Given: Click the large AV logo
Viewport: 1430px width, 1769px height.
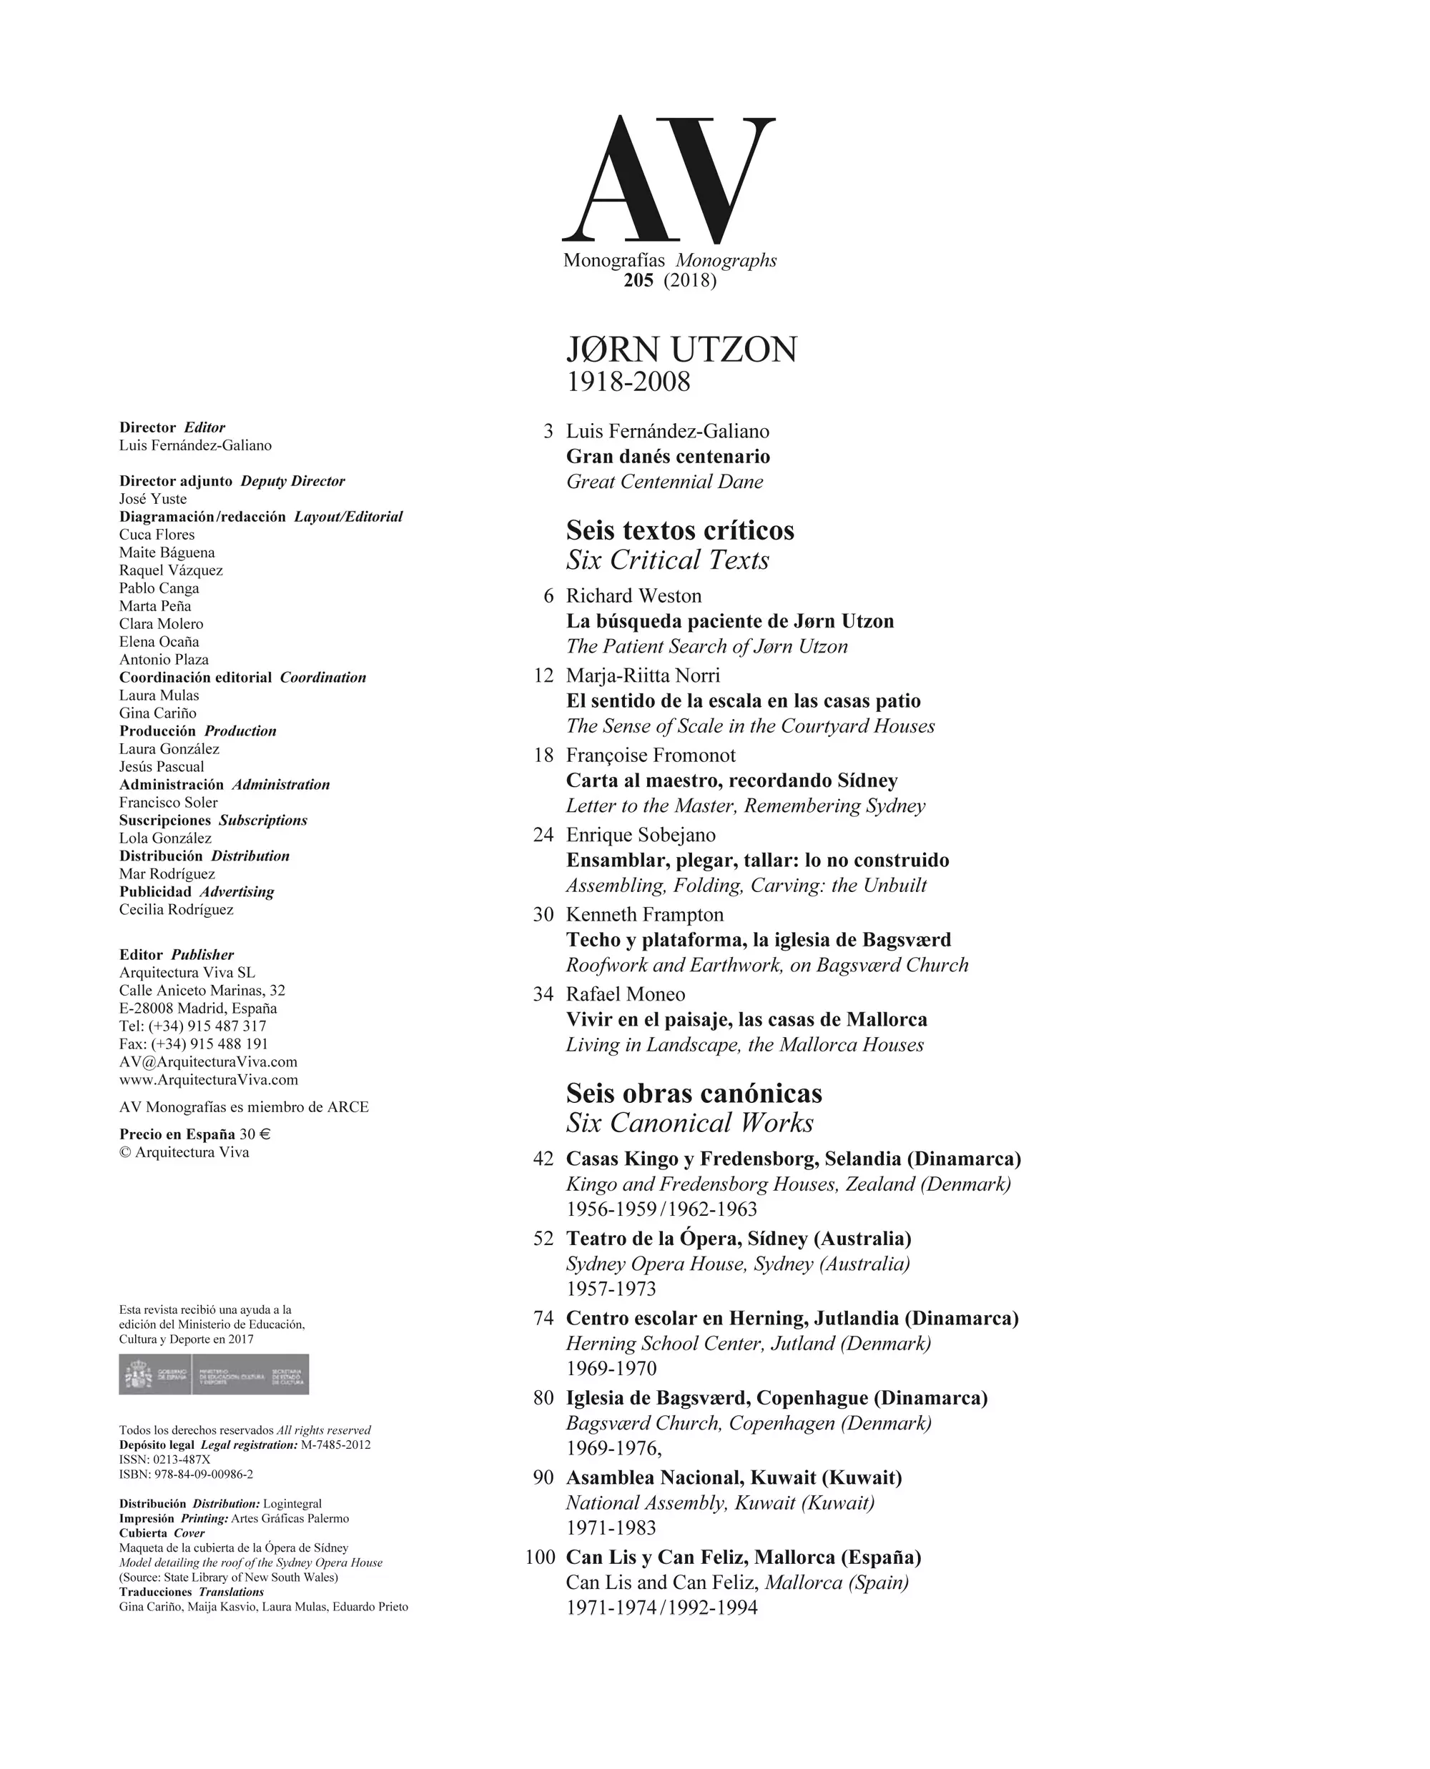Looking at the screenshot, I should pos(668,179).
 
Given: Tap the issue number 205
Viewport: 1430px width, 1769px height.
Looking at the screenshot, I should pos(638,280).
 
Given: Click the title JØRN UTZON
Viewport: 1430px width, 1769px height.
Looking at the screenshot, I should pos(681,350).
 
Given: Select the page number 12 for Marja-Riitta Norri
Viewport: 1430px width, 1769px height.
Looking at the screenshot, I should pos(543,675).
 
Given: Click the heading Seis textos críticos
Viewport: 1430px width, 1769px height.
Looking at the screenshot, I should pos(679,530).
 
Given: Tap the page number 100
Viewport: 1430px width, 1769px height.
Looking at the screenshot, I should pos(541,1557).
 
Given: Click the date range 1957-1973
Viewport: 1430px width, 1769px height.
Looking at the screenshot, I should pos(611,1289).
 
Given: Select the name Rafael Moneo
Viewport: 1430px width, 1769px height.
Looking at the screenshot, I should pos(625,994).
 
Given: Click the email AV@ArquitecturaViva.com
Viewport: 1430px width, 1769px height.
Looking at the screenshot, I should pos(208,1061).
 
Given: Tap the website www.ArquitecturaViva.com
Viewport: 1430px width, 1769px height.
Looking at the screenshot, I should pos(208,1080).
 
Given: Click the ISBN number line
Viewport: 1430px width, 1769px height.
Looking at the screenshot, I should pos(186,1474).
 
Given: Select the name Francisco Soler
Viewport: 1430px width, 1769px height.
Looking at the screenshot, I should pos(168,802).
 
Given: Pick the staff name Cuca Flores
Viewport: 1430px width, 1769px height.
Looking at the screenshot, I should pos(157,535).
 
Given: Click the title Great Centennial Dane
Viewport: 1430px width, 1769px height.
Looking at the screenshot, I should pos(664,482).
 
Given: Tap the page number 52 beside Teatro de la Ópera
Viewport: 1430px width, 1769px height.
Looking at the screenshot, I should pos(543,1239).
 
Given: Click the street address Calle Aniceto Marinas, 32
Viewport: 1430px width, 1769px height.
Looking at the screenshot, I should pos(202,990).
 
